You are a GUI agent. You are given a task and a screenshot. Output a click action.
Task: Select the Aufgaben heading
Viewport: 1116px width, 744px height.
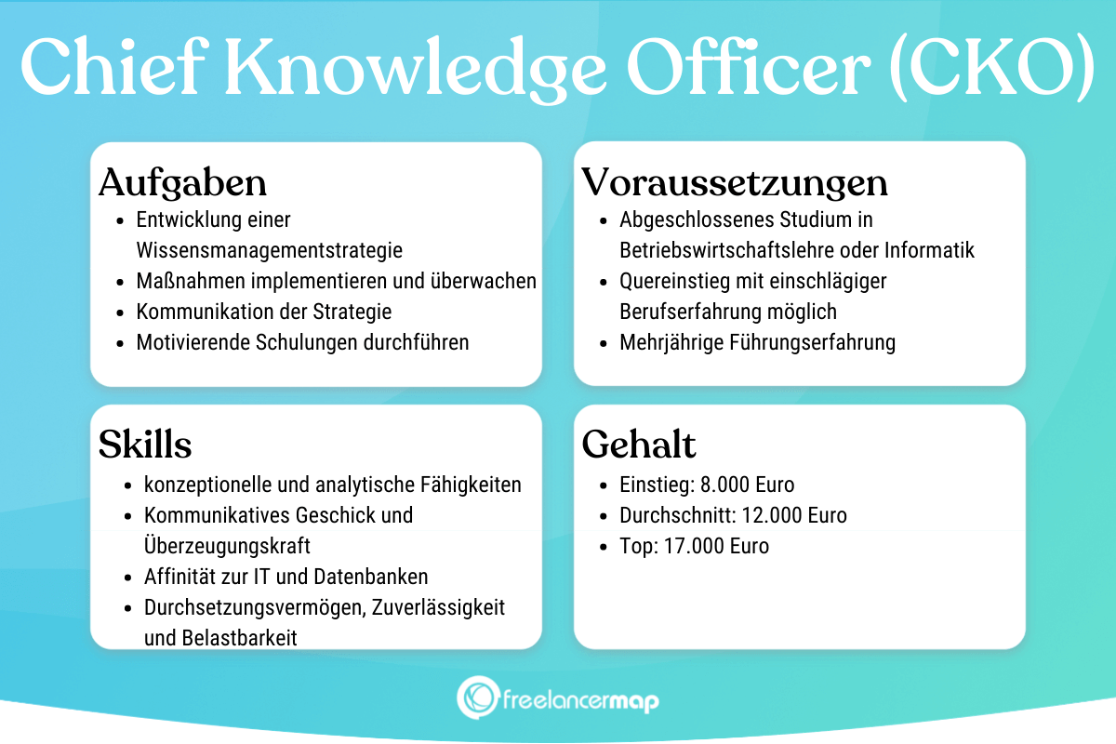(x=182, y=182)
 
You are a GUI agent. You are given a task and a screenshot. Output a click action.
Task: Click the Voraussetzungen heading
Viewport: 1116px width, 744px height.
(x=735, y=182)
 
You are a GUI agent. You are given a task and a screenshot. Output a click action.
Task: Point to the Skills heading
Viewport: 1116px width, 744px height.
(x=145, y=445)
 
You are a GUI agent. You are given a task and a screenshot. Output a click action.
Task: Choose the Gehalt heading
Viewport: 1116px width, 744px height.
(x=639, y=445)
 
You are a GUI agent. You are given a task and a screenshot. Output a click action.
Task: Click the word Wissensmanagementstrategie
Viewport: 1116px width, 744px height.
(x=270, y=250)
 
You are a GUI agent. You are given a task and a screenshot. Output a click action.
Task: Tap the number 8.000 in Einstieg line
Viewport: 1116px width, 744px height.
(x=724, y=485)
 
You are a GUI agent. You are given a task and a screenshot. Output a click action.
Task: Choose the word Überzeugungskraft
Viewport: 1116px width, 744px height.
(x=227, y=546)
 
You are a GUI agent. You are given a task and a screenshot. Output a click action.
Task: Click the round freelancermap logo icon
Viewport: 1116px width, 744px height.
(x=477, y=697)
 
